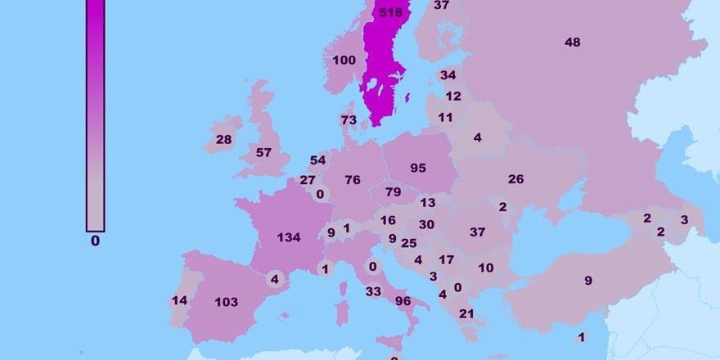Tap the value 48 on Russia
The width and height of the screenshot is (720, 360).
coord(573,43)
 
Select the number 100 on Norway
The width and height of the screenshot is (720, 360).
coord(344,61)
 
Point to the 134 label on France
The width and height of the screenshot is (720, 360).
coord(289,238)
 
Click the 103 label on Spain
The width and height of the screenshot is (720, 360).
coord(226,302)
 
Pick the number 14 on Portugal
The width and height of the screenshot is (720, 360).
coord(179,300)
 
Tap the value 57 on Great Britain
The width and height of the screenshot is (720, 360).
coord(263,152)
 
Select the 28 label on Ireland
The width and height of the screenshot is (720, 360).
coord(223,140)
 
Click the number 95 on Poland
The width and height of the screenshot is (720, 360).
coord(418,168)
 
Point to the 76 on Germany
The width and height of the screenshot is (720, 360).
coord(353,180)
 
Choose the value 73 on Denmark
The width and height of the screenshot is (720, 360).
coord(349,120)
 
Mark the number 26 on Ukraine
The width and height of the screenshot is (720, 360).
coord(515,179)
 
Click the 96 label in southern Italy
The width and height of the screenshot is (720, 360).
coord(403,300)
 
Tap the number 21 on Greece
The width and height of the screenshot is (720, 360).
coord(466,314)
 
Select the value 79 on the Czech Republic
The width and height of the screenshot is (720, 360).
coord(394,192)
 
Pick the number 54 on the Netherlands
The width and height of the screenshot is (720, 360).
coord(317,160)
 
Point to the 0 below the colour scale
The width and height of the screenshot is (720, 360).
coord(95,241)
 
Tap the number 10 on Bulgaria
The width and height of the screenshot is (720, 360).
coord(486,268)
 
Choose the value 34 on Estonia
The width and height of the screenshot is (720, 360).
coord(448,75)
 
